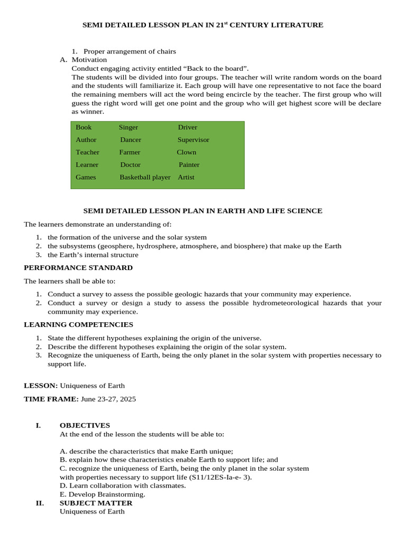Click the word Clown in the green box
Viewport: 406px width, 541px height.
tap(186, 152)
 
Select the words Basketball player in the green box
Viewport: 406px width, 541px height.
tap(145, 177)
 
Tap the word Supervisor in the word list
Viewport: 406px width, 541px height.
tap(193, 140)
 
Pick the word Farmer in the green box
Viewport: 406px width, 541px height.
tap(130, 152)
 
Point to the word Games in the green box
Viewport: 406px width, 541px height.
tap(86, 177)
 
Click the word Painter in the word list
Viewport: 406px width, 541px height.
tap(189, 165)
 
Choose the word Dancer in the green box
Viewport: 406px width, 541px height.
tap(131, 140)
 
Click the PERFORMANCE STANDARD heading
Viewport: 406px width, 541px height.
tap(78, 268)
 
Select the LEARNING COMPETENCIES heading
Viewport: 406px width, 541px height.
tap(78, 324)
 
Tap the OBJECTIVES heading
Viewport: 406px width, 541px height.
tap(85, 425)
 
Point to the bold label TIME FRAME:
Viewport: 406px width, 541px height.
tap(51, 399)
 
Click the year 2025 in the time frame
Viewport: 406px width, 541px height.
tap(127, 399)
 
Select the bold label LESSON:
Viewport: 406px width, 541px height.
tap(41, 386)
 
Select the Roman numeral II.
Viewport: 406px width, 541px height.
tap(40, 503)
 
